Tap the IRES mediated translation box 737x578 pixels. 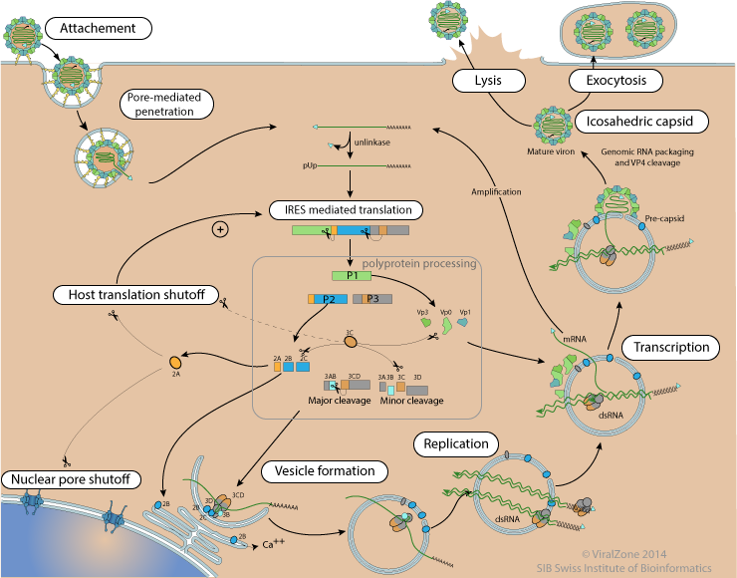347,210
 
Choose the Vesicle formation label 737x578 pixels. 319,470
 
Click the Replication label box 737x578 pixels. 455,443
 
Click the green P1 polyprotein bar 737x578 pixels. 351,274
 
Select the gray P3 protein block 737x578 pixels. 372,298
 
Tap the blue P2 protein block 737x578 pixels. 329,298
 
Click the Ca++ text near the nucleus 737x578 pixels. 272,545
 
